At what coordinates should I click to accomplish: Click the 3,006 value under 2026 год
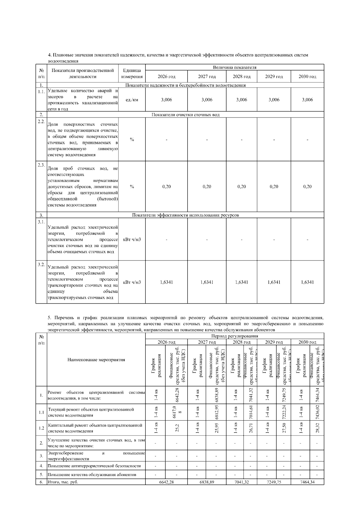pyautogui.click(x=166, y=100)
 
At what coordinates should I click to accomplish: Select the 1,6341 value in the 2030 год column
pyautogui.click(x=307, y=282)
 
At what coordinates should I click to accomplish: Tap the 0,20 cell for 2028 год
pyautogui.click(x=241, y=186)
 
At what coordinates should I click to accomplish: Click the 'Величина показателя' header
pyautogui.click(x=235, y=67)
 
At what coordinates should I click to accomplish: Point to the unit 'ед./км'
pyautogui.click(x=132, y=100)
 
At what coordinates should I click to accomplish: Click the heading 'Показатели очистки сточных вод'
pyautogui.click(x=185, y=115)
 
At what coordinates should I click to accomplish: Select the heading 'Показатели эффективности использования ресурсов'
pyautogui.click(x=185, y=215)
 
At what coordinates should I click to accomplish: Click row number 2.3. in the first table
pyautogui.click(x=41, y=165)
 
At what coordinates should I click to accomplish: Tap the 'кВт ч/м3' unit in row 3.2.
pyautogui.click(x=132, y=282)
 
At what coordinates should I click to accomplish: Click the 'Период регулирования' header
pyautogui.click(x=235, y=336)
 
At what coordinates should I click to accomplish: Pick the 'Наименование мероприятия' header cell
pyautogui.click(x=96, y=360)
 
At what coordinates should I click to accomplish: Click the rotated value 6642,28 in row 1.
pyautogui.click(x=177, y=395)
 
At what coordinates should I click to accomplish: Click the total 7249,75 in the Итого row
pyautogui.click(x=274, y=482)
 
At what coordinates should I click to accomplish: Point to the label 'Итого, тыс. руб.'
pyautogui.click(x=63, y=482)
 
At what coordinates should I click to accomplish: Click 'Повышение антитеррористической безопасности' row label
pyautogui.click(x=94, y=466)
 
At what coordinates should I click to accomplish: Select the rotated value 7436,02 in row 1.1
pyautogui.click(x=317, y=412)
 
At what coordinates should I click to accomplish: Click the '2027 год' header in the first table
pyautogui.click(x=207, y=76)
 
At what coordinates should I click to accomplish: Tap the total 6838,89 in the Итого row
pyautogui.click(x=207, y=482)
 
